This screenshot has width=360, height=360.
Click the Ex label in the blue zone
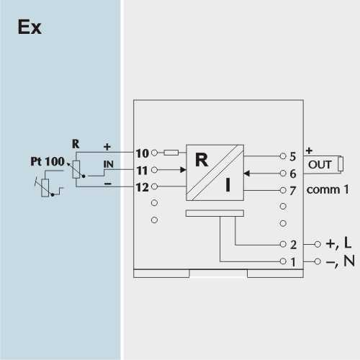(x=30, y=27)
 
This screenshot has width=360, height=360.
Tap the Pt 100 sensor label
(x=48, y=161)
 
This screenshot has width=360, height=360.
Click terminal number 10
(x=143, y=153)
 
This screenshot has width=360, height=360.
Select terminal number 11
(x=142, y=171)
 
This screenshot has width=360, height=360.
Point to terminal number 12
(x=143, y=187)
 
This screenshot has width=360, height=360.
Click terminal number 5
(x=292, y=157)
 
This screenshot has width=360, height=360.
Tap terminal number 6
(x=293, y=174)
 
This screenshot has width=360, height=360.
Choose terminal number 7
(x=292, y=191)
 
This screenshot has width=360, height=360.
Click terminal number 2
(x=293, y=245)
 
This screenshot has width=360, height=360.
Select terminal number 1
(x=293, y=262)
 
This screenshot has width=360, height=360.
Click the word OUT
(x=320, y=165)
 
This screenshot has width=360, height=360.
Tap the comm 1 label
(x=328, y=189)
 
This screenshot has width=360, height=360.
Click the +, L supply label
(x=338, y=243)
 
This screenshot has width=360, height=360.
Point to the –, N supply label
(x=341, y=261)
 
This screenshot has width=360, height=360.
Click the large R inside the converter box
(x=202, y=160)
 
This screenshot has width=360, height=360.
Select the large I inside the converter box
(x=228, y=185)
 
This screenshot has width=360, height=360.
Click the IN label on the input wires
(x=109, y=164)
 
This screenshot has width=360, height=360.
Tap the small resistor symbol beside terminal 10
(x=171, y=153)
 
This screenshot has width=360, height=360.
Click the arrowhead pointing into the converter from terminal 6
(x=247, y=174)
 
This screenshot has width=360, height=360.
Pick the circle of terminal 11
(x=154, y=170)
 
